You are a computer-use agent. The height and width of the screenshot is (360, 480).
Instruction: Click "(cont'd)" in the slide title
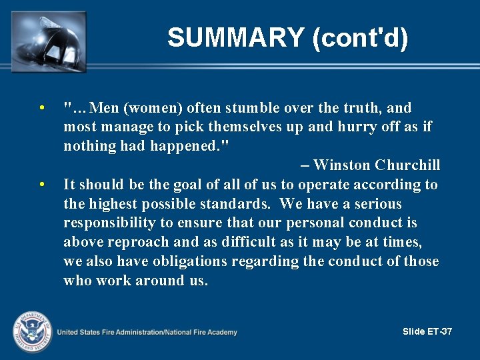(x=360, y=38)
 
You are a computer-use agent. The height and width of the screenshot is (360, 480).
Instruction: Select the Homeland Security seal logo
(x=30, y=331)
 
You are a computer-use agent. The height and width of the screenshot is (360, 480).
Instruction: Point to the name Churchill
(x=407, y=165)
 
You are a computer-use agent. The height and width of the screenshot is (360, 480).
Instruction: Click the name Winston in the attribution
(x=341, y=165)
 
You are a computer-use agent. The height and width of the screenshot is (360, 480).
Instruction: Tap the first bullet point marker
(x=41, y=108)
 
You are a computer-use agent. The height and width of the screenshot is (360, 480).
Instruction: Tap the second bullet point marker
(x=41, y=185)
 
